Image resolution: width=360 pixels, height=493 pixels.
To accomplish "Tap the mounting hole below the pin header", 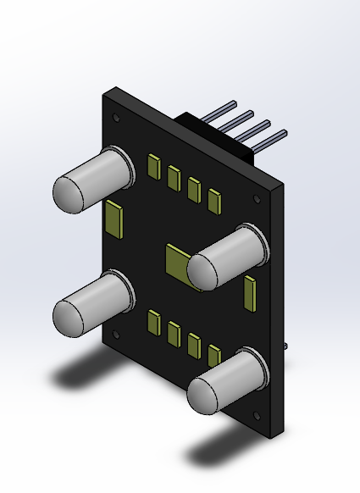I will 257,198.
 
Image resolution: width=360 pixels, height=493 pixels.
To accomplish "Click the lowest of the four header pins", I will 271,136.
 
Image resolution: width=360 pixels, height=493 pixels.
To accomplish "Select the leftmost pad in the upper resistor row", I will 153,166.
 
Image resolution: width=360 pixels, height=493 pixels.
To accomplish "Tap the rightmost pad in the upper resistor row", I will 214,200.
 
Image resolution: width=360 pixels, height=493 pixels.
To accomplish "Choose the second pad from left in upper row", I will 174,177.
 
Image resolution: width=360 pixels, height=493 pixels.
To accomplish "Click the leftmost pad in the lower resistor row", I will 153,323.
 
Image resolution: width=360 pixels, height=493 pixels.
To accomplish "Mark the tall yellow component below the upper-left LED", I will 113,219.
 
